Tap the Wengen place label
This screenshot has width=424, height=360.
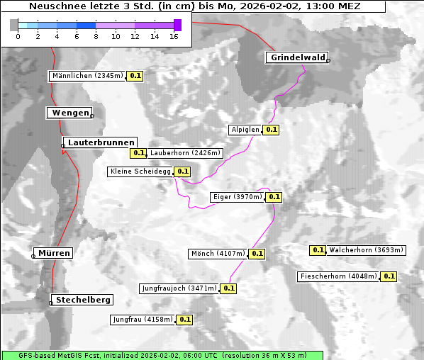coord(69,113)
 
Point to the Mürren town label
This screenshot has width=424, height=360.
coord(54,253)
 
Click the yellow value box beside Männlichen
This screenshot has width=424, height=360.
coord(135,76)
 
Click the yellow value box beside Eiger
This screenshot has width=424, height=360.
coord(274,197)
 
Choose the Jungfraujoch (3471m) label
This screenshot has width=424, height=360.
coord(179,288)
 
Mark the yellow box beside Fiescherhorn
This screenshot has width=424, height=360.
coord(389,276)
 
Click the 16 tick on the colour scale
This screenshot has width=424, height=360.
coord(174,36)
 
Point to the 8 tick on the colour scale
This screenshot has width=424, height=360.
coord(96,36)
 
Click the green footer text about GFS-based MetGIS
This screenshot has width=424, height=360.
coord(162,355)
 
